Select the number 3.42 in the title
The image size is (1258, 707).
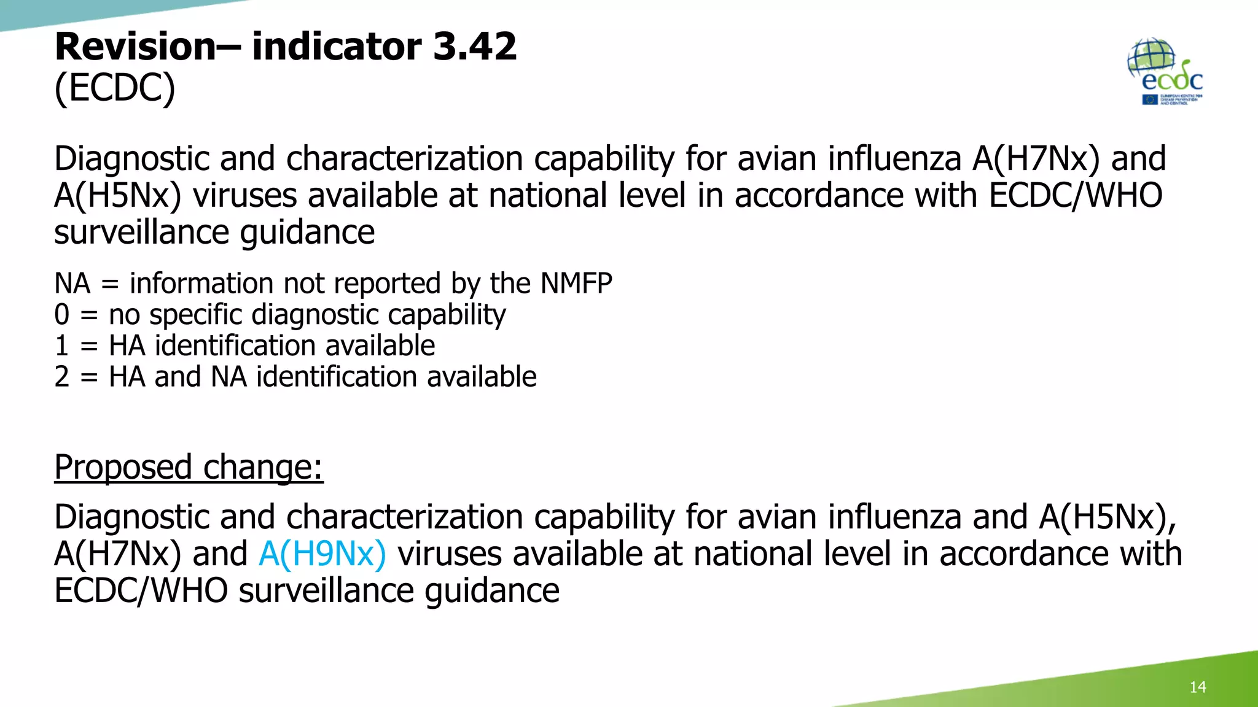click(x=474, y=47)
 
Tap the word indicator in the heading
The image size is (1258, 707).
click(x=337, y=47)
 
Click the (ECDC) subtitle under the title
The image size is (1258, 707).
click(x=115, y=87)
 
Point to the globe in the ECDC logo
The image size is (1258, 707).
click(x=1150, y=56)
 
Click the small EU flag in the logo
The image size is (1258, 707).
click(x=1149, y=99)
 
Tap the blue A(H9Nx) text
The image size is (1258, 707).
click(x=322, y=554)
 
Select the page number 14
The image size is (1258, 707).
click(x=1197, y=687)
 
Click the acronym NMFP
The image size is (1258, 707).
click(x=576, y=284)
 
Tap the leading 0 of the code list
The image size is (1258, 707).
click(x=62, y=315)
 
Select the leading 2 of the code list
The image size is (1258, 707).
click(x=62, y=377)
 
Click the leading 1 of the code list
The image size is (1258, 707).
click(x=62, y=346)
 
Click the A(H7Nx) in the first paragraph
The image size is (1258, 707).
click(x=1036, y=158)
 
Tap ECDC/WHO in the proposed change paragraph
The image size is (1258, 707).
click(x=141, y=590)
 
